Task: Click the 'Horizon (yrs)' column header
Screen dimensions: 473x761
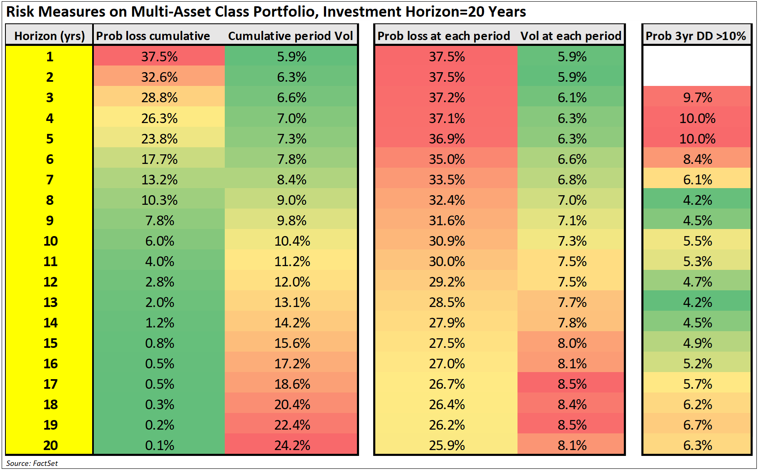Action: tap(50, 36)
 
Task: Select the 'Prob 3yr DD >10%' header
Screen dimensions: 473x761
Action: tap(696, 36)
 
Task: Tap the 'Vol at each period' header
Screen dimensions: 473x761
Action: tap(571, 36)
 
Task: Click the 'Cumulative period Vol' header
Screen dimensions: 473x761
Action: tap(291, 36)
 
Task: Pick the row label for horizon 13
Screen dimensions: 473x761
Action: tap(50, 302)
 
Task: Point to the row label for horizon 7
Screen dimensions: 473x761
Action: tap(50, 180)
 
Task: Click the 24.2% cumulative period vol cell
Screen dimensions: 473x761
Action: tap(292, 445)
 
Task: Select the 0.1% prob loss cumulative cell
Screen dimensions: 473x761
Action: tap(160, 445)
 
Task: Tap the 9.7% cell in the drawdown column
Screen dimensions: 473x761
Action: tap(697, 98)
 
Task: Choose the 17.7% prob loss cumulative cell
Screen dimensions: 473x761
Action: tap(159, 159)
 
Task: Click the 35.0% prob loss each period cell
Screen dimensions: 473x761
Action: tap(447, 159)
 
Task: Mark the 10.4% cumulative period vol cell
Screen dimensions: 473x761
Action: tap(292, 241)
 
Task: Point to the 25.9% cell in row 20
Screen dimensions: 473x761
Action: tap(447, 445)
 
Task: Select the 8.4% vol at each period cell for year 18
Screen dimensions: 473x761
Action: tap(572, 405)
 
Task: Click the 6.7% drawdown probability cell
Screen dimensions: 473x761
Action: tap(697, 425)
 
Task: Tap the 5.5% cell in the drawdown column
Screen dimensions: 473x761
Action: tap(697, 241)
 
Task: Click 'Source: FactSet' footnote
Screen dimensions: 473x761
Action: tap(32, 463)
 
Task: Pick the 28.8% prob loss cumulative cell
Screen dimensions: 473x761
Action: tap(159, 98)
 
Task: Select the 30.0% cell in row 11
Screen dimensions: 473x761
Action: tap(447, 262)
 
